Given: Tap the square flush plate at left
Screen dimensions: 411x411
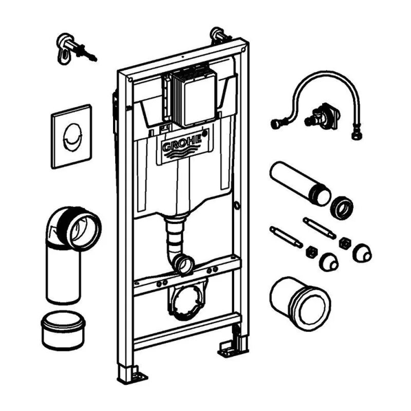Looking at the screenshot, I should point(71,136).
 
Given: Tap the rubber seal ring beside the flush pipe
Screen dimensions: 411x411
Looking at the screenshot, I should point(341,207).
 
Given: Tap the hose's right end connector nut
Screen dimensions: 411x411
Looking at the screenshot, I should point(356,135).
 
